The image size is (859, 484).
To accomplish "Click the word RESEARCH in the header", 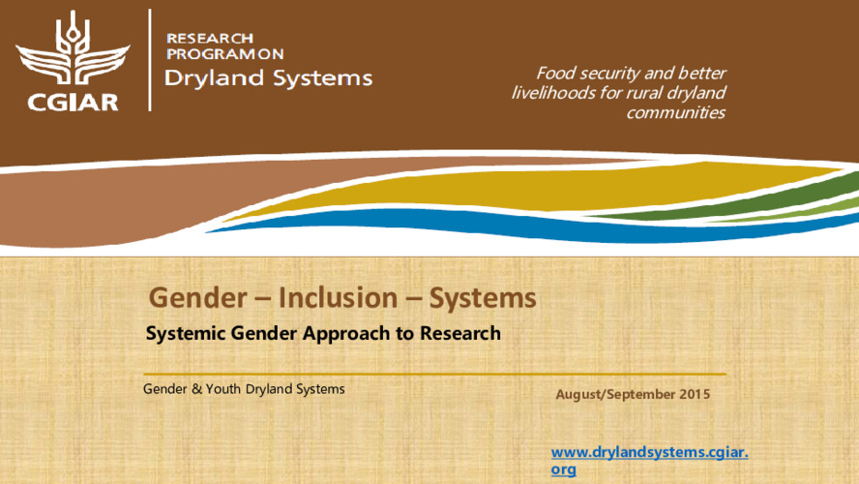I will pos(210,37).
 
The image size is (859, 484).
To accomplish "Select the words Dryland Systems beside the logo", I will pos(268,78).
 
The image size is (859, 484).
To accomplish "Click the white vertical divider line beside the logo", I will pos(149,60).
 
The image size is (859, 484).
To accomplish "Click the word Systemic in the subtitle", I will pos(186,334).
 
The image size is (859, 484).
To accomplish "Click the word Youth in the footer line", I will pos(213,389).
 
